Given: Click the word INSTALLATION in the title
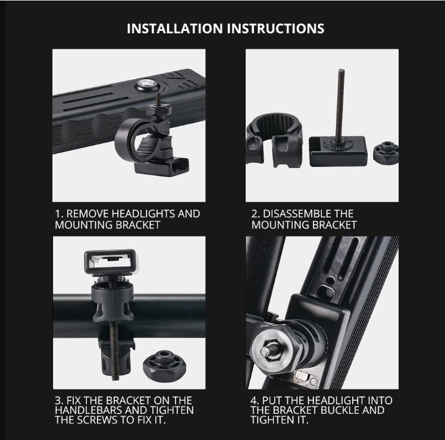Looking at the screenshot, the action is (174, 29).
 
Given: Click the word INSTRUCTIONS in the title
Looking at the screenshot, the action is (275, 29).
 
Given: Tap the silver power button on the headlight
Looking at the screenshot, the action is (144, 84).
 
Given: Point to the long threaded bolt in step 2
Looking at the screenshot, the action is (340, 105).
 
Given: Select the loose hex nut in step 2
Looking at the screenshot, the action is (386, 153).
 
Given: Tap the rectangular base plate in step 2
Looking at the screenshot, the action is (338, 151).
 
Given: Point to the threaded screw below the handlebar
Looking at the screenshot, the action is (114, 352).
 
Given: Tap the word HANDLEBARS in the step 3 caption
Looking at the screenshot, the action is (89, 410).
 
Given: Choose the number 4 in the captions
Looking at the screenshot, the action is (254, 401).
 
